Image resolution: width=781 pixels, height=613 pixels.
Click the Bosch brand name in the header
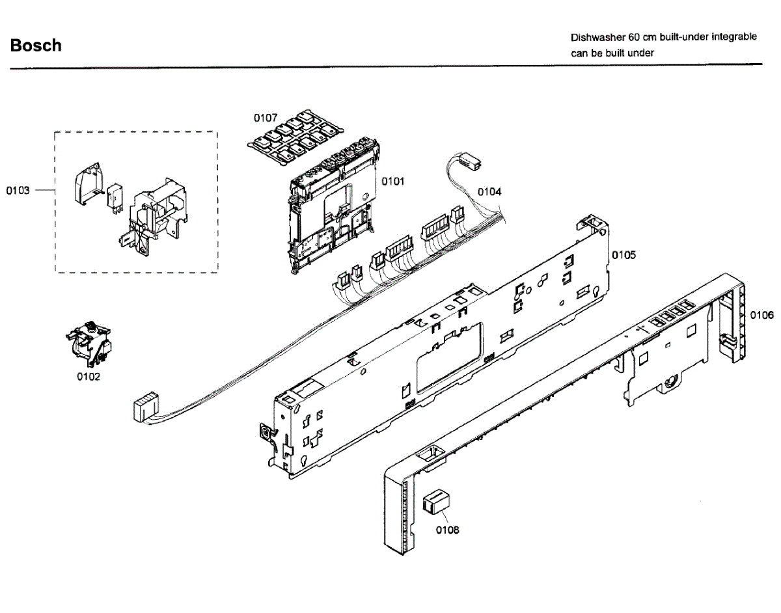click(x=36, y=46)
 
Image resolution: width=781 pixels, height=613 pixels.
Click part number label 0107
click(x=266, y=118)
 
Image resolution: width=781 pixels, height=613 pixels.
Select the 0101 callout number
click(x=392, y=182)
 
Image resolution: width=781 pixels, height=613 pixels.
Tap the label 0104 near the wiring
click(x=489, y=192)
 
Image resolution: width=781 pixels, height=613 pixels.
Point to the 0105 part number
click(x=623, y=255)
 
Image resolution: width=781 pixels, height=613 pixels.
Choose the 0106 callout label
click(x=761, y=316)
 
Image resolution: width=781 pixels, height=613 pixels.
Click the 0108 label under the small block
click(x=447, y=530)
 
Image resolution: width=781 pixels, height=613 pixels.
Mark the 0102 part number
click(x=89, y=377)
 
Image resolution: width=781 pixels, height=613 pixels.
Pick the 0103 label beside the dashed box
click(x=18, y=190)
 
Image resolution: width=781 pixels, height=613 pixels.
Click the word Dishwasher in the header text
click(x=598, y=37)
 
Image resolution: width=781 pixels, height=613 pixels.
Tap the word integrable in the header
click(x=733, y=37)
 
